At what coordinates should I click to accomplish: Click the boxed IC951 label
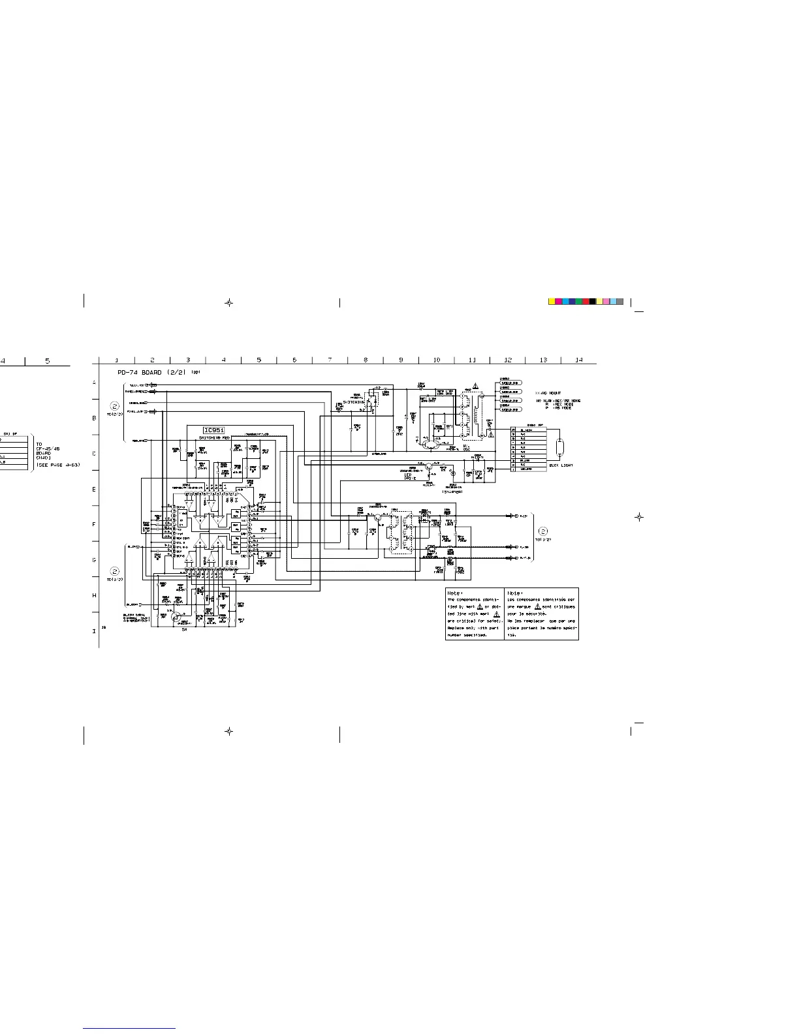click(213, 430)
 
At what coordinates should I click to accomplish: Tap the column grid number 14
click(578, 360)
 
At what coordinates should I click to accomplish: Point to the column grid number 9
click(401, 360)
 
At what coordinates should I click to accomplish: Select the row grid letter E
click(94, 488)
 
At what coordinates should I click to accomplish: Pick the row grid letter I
click(94, 631)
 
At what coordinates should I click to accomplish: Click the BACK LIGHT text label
click(561, 465)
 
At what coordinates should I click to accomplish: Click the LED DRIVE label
click(410, 477)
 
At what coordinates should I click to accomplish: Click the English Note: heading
click(455, 593)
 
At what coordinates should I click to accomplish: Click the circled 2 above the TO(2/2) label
click(114, 405)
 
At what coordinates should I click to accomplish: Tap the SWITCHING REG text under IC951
click(214, 438)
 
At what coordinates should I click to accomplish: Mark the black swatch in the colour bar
click(593, 302)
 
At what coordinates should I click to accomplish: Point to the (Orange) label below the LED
click(452, 492)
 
